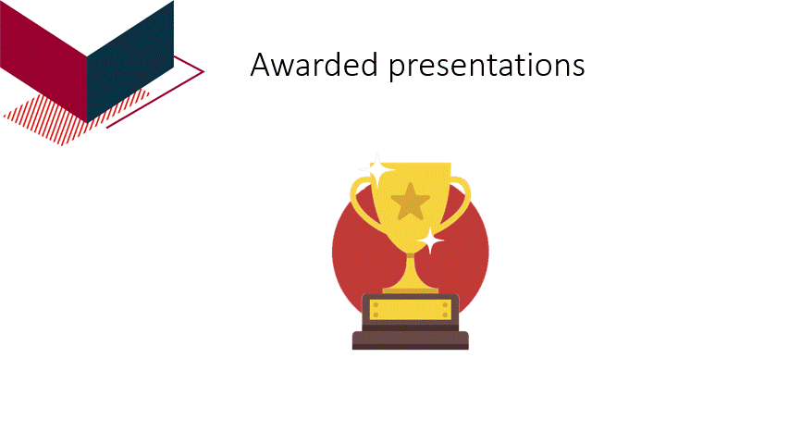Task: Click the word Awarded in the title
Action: coord(314,65)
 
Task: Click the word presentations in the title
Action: coord(487,67)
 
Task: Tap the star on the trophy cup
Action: coord(410,202)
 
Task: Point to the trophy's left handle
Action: coord(360,202)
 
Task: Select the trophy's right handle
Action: coord(462,201)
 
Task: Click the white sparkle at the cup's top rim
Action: coord(376,169)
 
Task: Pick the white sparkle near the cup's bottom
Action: coord(430,240)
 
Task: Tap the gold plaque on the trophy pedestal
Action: coord(410,310)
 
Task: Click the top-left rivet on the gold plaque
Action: coord(376,305)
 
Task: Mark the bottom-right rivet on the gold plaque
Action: coord(445,315)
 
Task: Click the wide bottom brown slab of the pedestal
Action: coord(410,340)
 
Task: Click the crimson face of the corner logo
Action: coord(43,59)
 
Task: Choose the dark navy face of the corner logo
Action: coord(129,61)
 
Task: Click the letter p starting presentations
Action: coord(398,70)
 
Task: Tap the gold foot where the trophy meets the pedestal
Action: coord(410,290)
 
